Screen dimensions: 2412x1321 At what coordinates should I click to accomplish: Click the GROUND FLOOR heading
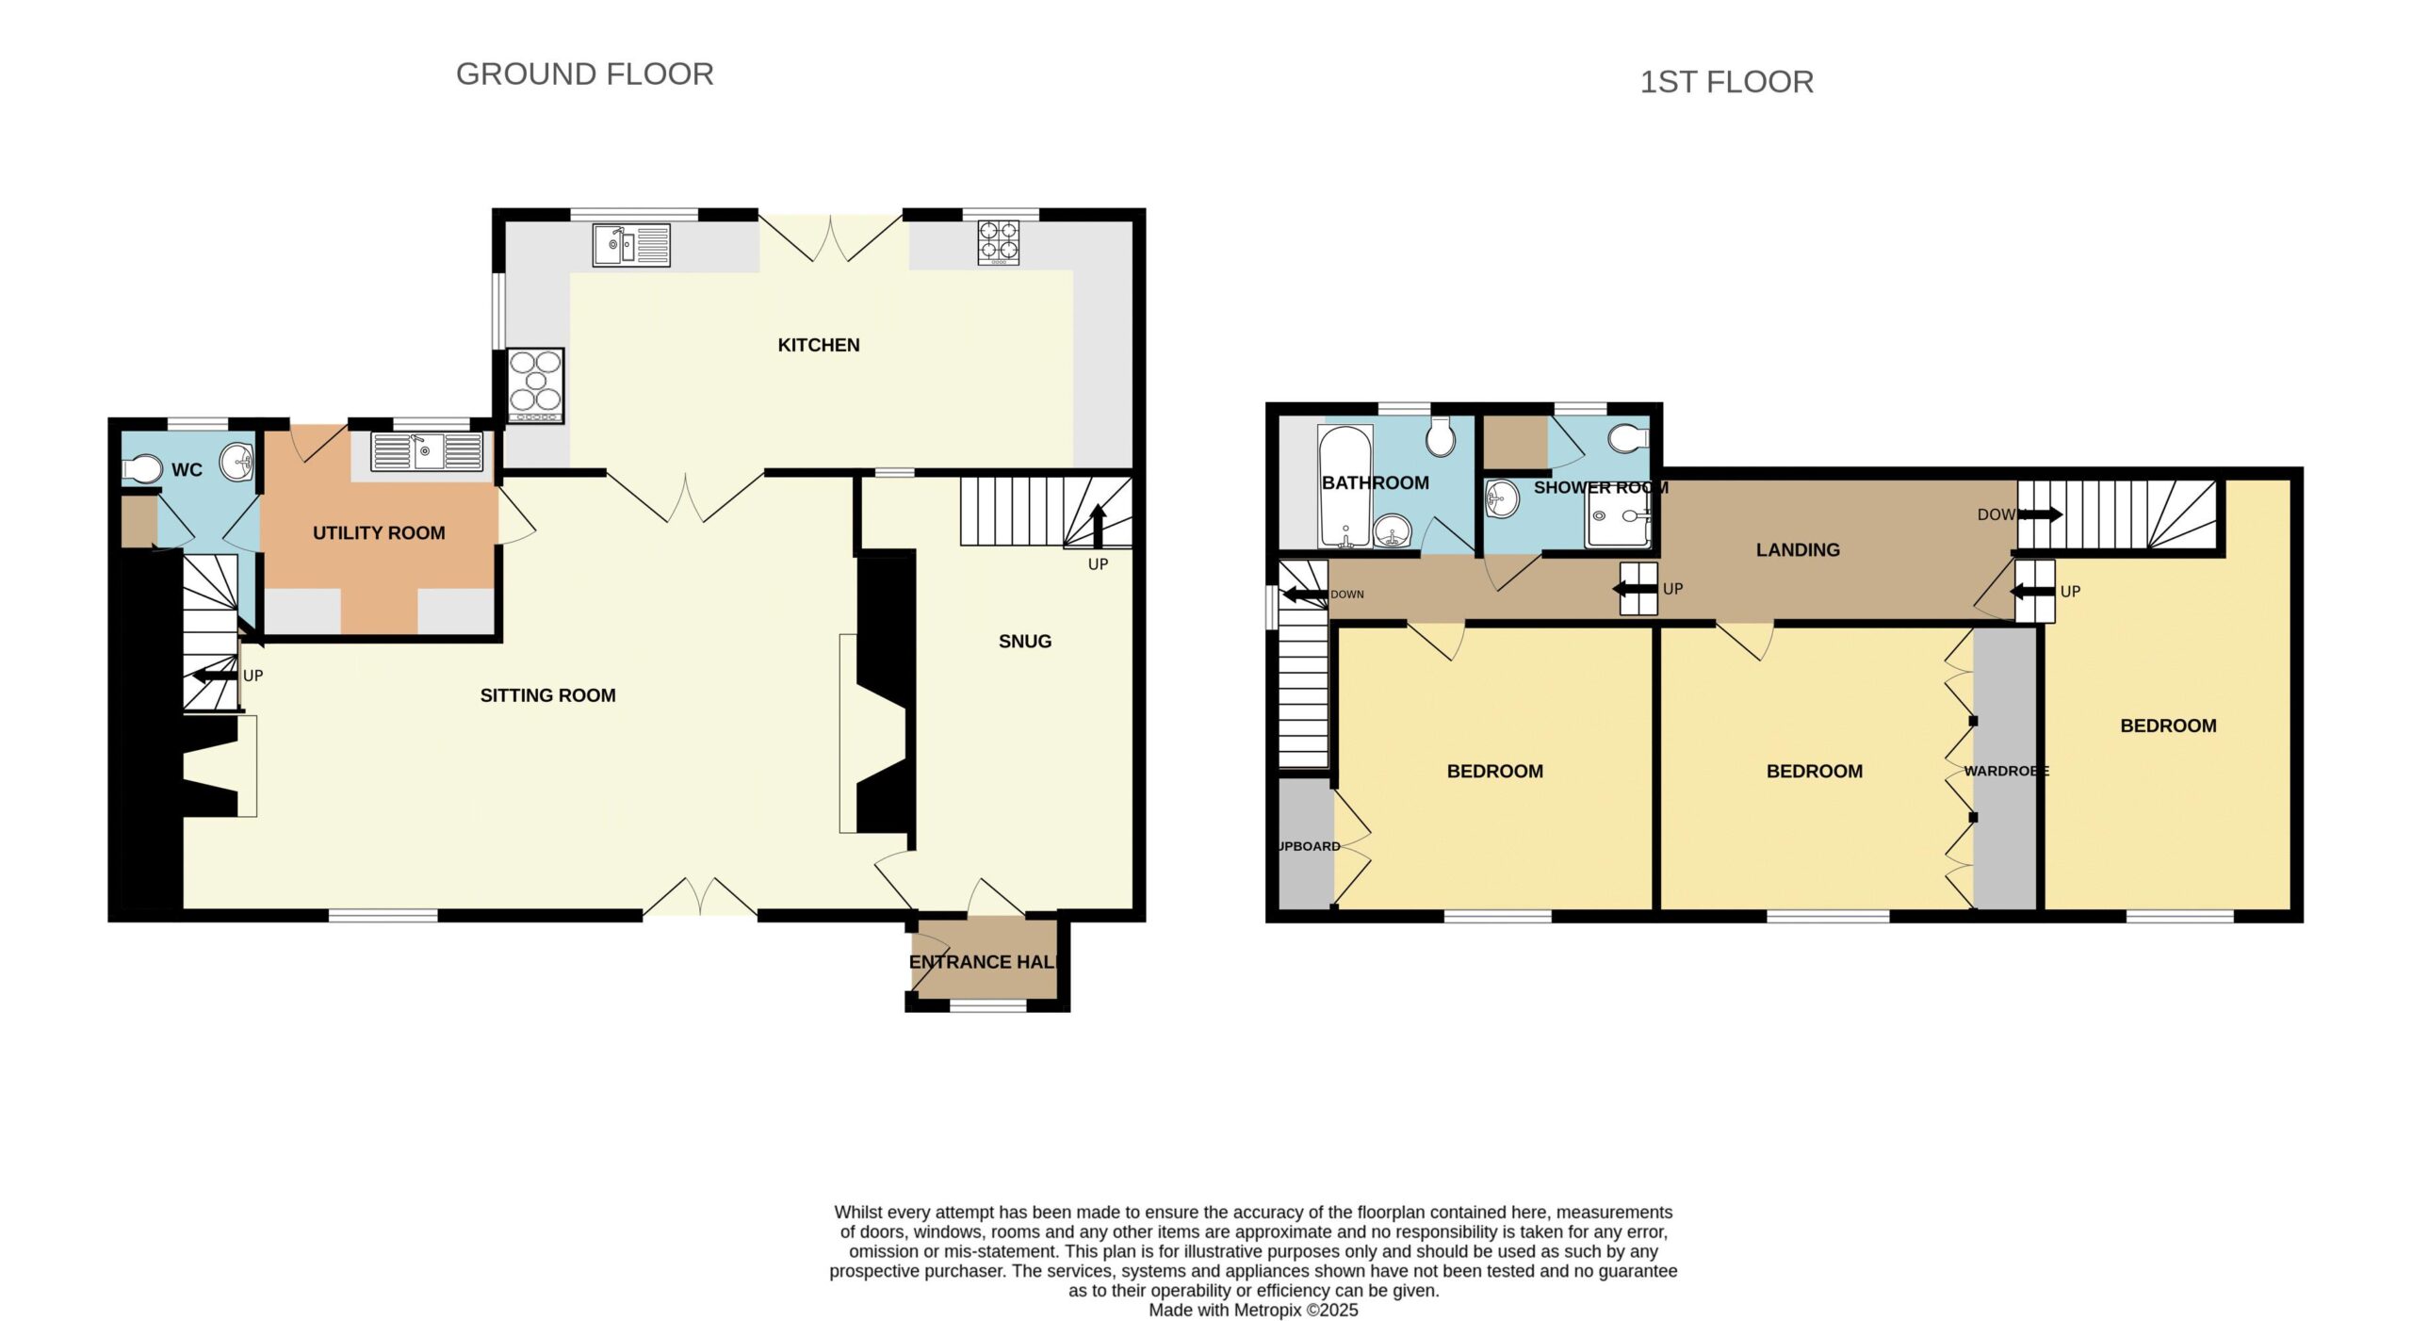point(584,73)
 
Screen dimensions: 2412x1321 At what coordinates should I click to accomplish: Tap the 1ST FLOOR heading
point(1726,82)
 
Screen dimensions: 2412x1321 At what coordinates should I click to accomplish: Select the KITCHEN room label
point(819,345)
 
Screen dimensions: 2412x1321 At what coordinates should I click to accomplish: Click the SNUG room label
point(1025,641)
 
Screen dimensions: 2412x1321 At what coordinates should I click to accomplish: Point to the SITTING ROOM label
point(547,695)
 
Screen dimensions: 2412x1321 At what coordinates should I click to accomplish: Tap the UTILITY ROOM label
point(379,532)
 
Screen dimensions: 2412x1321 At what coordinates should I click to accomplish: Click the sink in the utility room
point(427,451)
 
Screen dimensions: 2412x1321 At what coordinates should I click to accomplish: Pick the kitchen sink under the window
point(631,244)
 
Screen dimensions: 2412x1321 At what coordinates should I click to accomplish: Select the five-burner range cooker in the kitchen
point(536,385)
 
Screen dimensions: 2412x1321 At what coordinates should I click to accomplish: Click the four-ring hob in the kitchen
point(999,242)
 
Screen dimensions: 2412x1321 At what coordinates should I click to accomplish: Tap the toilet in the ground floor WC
point(141,468)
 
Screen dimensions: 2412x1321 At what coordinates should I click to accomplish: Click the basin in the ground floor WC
point(236,462)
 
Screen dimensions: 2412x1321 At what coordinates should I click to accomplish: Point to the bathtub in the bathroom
point(1346,487)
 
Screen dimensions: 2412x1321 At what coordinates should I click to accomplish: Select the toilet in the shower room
point(1629,438)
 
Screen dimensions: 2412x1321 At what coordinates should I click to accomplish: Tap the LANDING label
point(1798,549)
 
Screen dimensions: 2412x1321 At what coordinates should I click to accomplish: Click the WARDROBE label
point(2007,771)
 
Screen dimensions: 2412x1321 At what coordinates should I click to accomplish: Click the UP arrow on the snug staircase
point(1099,526)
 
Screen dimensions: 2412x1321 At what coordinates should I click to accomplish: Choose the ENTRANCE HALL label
point(984,962)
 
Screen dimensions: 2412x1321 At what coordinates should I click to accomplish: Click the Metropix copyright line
point(1253,1310)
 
